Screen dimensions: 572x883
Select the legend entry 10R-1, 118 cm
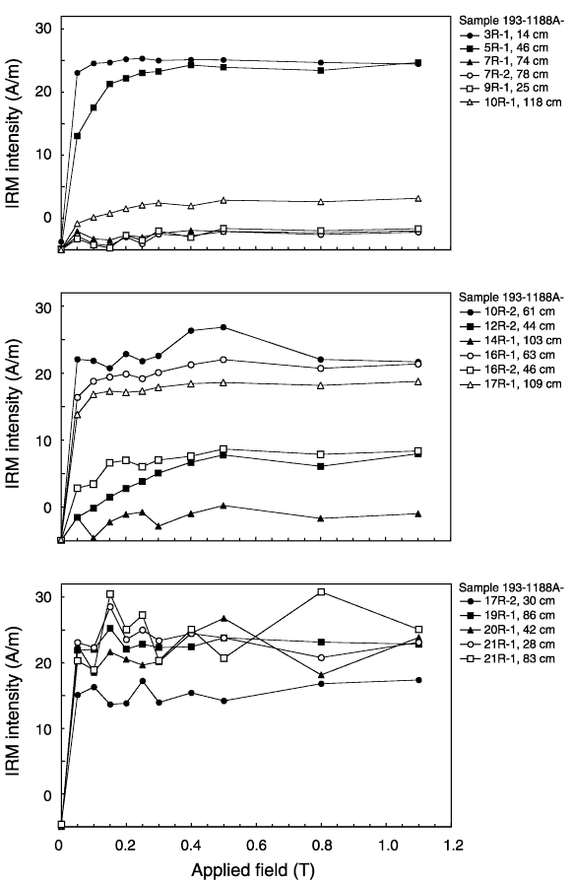click(x=511, y=102)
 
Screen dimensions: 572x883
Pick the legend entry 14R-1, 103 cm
click(x=511, y=340)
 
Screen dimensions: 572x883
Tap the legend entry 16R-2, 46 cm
click(x=507, y=370)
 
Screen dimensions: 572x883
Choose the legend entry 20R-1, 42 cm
click(x=507, y=630)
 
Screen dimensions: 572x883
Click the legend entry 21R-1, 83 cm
click(x=507, y=658)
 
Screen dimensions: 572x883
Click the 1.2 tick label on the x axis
click(x=453, y=846)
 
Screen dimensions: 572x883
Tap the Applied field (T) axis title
click(x=253, y=870)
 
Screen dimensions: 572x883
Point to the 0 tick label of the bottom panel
click(x=46, y=795)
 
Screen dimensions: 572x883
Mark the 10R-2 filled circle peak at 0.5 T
click(x=223, y=327)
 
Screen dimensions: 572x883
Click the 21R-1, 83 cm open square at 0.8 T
click(x=321, y=592)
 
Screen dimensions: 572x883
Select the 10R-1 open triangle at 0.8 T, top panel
click(x=321, y=202)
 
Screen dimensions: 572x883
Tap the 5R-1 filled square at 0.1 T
click(x=94, y=107)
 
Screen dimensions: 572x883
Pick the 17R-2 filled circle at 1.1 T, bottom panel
click(x=418, y=680)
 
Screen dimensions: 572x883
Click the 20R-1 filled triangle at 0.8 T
click(x=321, y=675)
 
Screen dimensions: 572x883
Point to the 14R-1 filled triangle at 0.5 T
click(x=223, y=506)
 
